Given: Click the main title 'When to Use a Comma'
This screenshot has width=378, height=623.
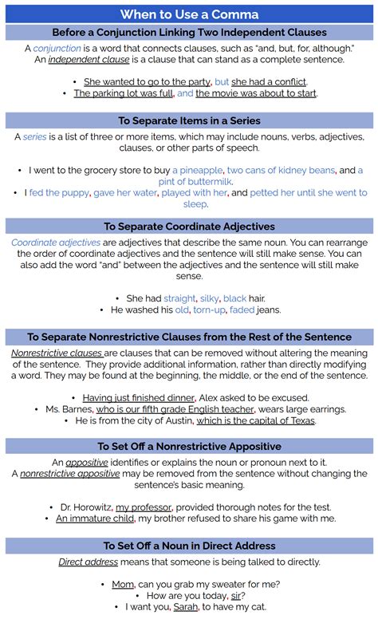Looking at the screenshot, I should [x=189, y=14].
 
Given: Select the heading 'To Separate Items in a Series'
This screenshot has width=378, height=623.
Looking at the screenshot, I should [x=189, y=120].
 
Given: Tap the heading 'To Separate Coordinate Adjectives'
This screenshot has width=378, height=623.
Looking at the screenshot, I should [x=189, y=226].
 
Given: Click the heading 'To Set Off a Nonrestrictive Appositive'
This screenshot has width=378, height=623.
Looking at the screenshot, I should [x=189, y=446].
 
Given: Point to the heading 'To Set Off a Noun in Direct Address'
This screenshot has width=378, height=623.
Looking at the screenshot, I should [x=189, y=546].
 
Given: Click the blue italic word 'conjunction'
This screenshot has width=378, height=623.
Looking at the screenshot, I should [x=57, y=49].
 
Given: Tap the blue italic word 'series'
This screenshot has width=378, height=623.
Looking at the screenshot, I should [x=34, y=137].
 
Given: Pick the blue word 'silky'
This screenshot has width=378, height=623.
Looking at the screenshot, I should [x=210, y=298].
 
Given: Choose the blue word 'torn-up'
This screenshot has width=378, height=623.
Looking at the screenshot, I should [x=209, y=310].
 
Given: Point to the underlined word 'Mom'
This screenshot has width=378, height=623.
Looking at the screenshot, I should [x=122, y=584].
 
